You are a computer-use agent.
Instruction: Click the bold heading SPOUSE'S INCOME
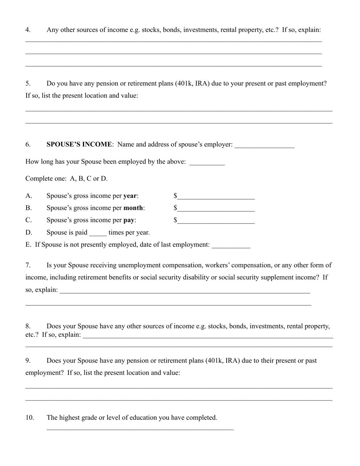click(x=79, y=144)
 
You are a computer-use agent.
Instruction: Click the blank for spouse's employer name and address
click(x=264, y=145)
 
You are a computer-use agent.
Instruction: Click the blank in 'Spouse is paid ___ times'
click(x=98, y=233)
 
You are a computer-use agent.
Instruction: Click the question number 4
click(x=28, y=30)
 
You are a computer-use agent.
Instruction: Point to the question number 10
click(x=30, y=418)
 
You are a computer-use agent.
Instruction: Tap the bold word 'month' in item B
click(x=133, y=208)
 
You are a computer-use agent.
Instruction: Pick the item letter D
click(x=28, y=232)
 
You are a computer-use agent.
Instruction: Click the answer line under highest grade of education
click(x=140, y=428)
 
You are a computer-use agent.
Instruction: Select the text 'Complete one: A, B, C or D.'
click(x=66, y=178)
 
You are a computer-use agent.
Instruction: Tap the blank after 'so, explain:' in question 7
click(x=185, y=291)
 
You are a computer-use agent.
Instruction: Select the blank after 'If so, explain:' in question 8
click(x=208, y=336)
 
